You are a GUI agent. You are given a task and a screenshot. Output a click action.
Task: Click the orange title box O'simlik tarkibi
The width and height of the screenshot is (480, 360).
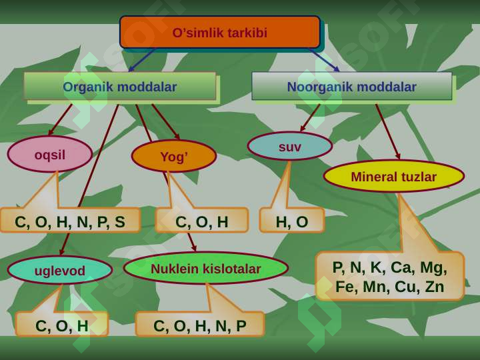pos(220,32)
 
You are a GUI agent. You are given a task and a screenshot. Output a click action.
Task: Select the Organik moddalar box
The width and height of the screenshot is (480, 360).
pos(120,86)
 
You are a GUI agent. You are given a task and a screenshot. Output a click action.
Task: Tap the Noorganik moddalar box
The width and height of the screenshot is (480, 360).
pos(352,86)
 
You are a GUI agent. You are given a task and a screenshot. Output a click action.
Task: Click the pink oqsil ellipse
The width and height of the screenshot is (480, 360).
pos(50,154)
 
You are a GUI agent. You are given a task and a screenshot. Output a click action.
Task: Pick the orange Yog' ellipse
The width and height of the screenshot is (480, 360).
pos(174,156)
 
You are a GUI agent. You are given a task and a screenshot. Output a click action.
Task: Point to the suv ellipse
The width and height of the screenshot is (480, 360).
pos(290,146)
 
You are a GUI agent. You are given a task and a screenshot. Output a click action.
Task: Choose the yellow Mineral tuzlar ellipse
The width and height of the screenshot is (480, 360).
pos(394,176)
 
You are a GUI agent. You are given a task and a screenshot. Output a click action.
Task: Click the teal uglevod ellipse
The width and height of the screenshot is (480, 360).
pos(60,270)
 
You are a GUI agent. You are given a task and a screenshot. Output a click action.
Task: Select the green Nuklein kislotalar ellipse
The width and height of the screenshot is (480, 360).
pos(206,268)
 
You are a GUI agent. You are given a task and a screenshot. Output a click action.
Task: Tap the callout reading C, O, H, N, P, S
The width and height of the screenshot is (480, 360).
pos(70,220)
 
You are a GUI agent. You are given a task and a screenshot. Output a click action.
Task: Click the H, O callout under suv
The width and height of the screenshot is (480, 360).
pos(292,221)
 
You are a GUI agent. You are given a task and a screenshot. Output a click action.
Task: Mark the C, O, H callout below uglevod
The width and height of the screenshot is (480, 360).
pos(62,325)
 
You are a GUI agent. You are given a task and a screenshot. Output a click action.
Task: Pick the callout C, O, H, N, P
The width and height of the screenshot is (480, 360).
pos(200,325)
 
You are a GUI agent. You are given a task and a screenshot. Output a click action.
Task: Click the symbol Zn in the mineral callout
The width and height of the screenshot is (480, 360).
pos(435,287)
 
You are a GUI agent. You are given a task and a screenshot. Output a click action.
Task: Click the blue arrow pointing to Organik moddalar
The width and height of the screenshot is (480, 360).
pos(142,60)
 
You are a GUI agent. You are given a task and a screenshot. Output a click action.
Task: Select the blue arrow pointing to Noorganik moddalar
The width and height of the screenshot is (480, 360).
pos(325,60)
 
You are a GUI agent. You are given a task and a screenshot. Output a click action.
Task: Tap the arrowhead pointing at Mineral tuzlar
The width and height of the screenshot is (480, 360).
pos(398,156)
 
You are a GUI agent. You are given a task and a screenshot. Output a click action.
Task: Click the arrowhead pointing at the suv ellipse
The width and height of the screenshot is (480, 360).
pos(303,128)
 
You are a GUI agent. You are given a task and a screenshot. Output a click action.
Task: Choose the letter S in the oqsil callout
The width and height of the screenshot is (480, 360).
pos(120,222)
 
